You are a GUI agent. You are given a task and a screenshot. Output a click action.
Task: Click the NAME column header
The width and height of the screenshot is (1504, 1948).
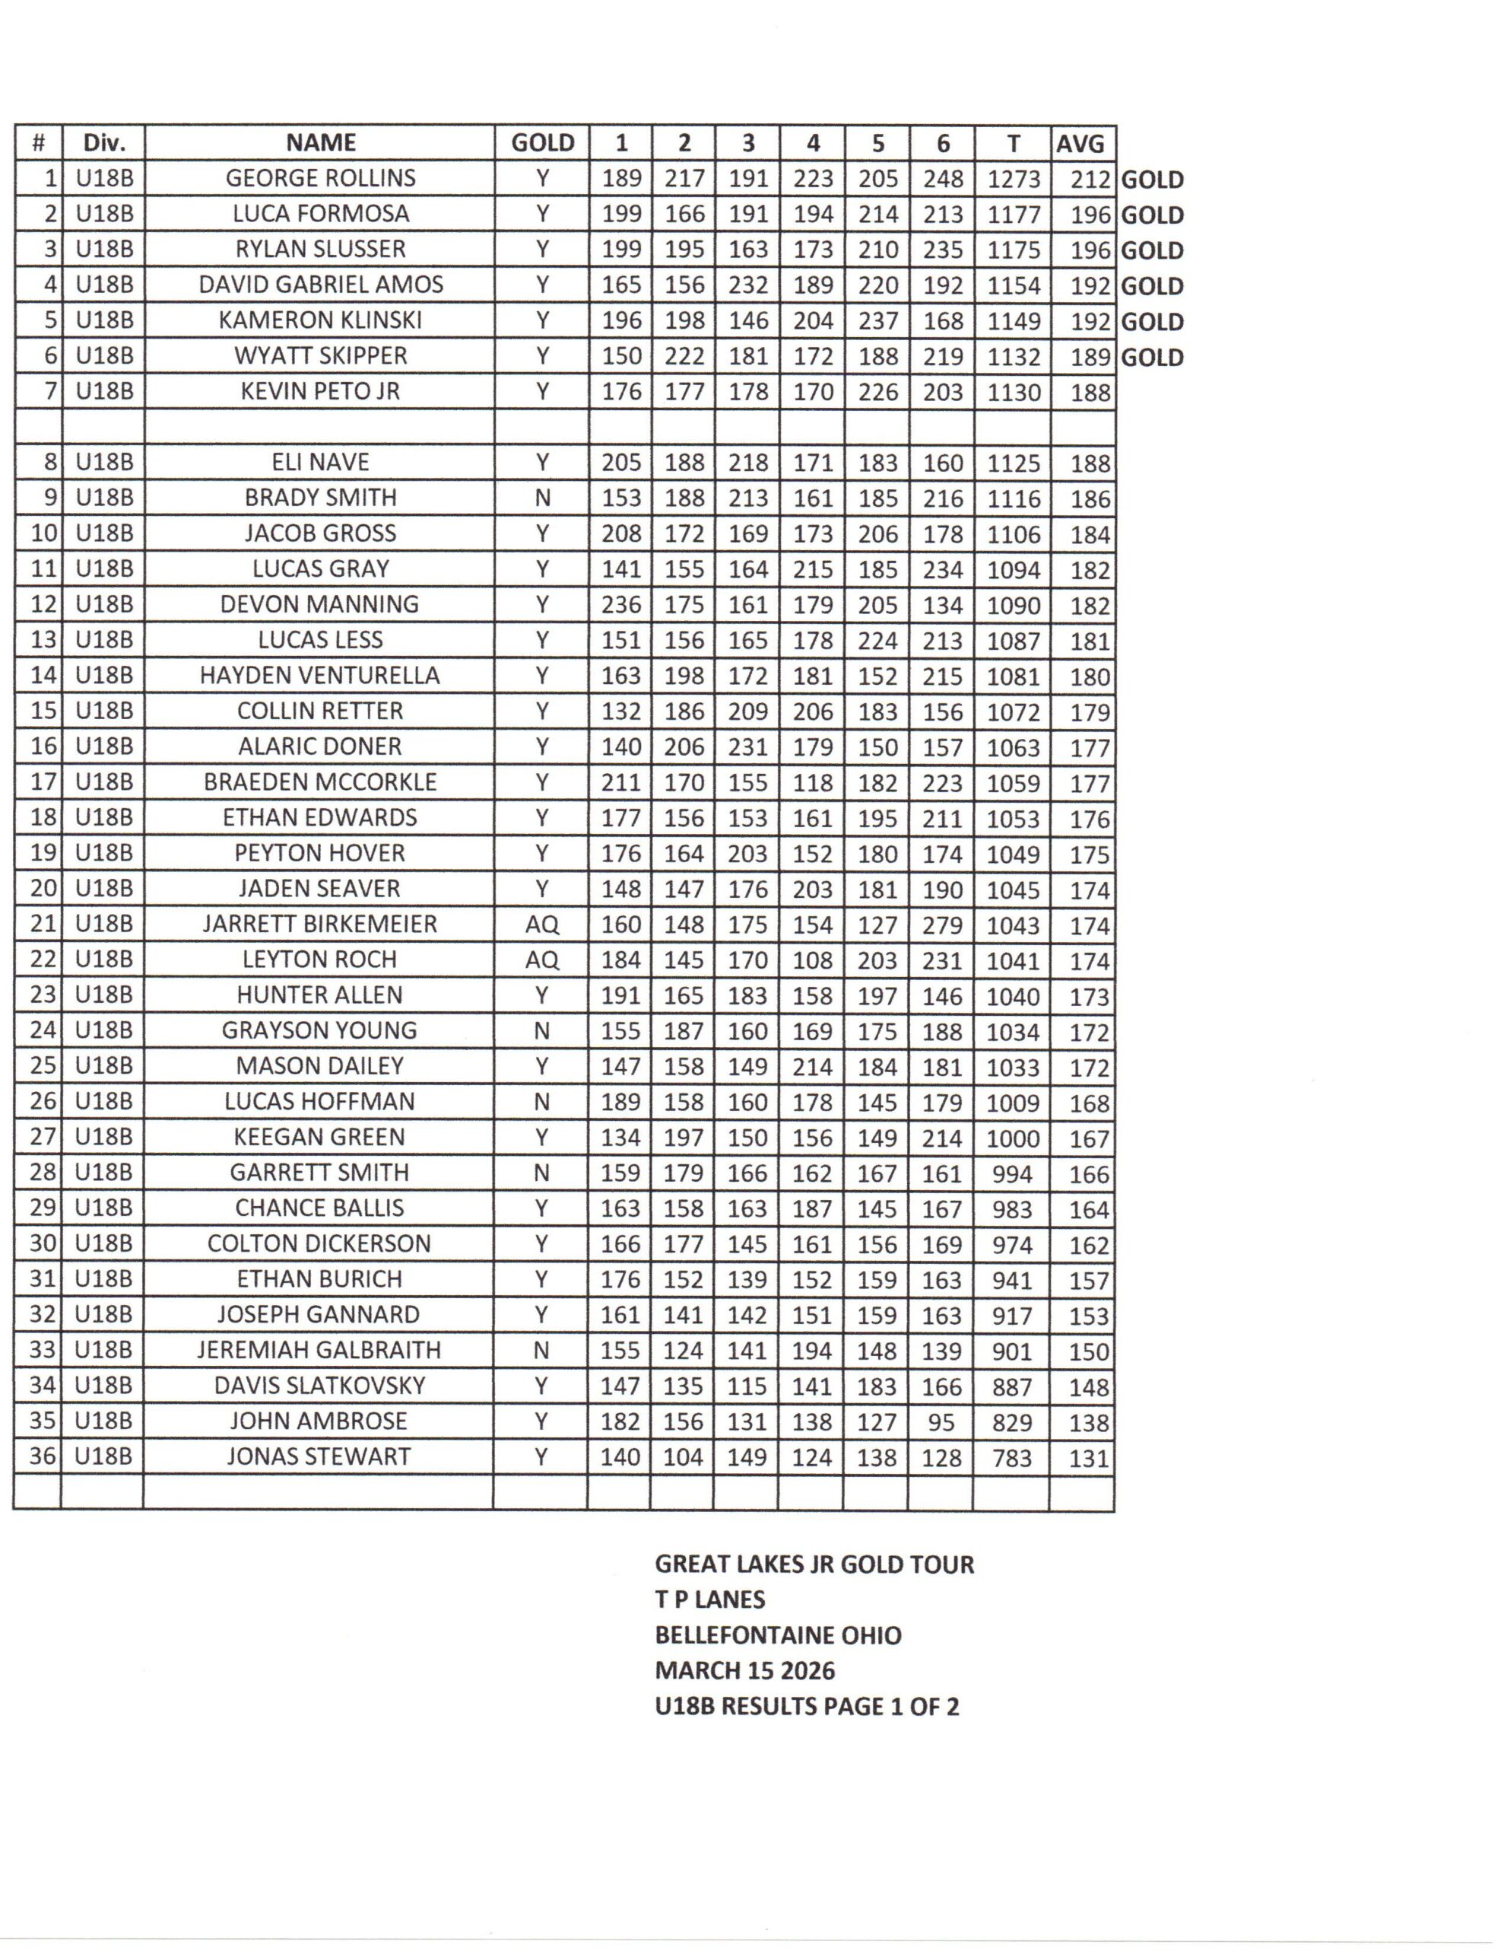[x=320, y=143]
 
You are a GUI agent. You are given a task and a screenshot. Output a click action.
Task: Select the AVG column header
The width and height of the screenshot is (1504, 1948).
[x=1080, y=144]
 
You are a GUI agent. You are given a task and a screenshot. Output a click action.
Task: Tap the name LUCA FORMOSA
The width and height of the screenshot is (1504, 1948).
[x=320, y=214]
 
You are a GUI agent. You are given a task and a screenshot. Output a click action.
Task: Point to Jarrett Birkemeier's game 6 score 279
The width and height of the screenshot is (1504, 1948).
[x=942, y=925]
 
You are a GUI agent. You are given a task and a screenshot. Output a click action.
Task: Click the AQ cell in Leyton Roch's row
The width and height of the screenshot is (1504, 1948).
[x=541, y=960]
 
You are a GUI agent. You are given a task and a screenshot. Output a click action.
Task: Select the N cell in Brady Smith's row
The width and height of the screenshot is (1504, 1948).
[x=541, y=498]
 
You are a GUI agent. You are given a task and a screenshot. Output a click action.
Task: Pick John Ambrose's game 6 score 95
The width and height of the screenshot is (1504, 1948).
[x=941, y=1421]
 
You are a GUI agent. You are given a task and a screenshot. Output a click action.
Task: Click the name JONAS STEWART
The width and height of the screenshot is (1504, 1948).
[x=319, y=1457]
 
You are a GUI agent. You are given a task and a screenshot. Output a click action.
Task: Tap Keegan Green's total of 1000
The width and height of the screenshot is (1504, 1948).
[x=1013, y=1139]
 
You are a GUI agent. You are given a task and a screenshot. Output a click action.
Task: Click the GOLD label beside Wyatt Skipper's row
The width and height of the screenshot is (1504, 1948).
[x=1152, y=358]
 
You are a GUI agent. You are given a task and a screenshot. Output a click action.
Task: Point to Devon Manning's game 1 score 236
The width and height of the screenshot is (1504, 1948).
[x=620, y=606]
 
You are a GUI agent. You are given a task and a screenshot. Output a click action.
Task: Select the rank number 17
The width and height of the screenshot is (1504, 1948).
[x=43, y=782]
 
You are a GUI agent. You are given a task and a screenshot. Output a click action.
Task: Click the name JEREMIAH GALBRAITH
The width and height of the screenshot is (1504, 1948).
[x=319, y=1351]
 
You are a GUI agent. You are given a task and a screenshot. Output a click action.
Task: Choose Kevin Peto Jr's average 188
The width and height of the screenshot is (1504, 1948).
[x=1090, y=393]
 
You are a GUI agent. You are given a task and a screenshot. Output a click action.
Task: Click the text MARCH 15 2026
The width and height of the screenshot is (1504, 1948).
[x=744, y=1670]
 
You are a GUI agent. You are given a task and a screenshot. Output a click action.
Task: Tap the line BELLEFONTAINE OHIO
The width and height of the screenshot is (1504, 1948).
[x=777, y=1636]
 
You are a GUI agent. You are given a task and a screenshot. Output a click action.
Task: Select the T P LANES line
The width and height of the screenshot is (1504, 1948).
[x=709, y=1600]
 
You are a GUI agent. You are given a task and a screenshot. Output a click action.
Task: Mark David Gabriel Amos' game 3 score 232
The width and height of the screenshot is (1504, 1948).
[x=748, y=285]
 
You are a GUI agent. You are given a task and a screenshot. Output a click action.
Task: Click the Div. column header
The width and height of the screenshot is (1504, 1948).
[x=103, y=143]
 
